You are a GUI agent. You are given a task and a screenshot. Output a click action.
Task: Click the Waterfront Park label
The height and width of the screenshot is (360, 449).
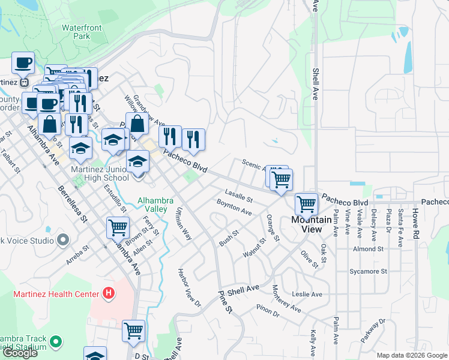[x=84, y=32]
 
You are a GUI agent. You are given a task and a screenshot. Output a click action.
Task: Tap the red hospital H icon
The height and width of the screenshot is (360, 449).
[x=108, y=293]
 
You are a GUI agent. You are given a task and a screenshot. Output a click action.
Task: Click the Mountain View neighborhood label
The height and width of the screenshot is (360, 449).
[x=311, y=224]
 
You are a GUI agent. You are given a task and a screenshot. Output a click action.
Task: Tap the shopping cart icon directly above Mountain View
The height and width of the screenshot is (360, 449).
[x=307, y=205]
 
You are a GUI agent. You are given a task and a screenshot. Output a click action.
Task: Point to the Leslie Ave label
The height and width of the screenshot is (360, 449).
[x=307, y=294]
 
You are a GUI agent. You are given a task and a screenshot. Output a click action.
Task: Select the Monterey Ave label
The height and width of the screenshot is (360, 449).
[x=286, y=298]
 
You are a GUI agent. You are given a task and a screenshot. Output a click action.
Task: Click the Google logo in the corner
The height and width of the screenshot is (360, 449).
[x=20, y=353]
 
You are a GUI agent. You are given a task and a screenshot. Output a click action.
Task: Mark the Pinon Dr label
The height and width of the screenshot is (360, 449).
[x=268, y=312]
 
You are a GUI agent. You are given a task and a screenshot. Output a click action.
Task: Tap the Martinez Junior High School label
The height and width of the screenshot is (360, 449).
[x=99, y=173]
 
